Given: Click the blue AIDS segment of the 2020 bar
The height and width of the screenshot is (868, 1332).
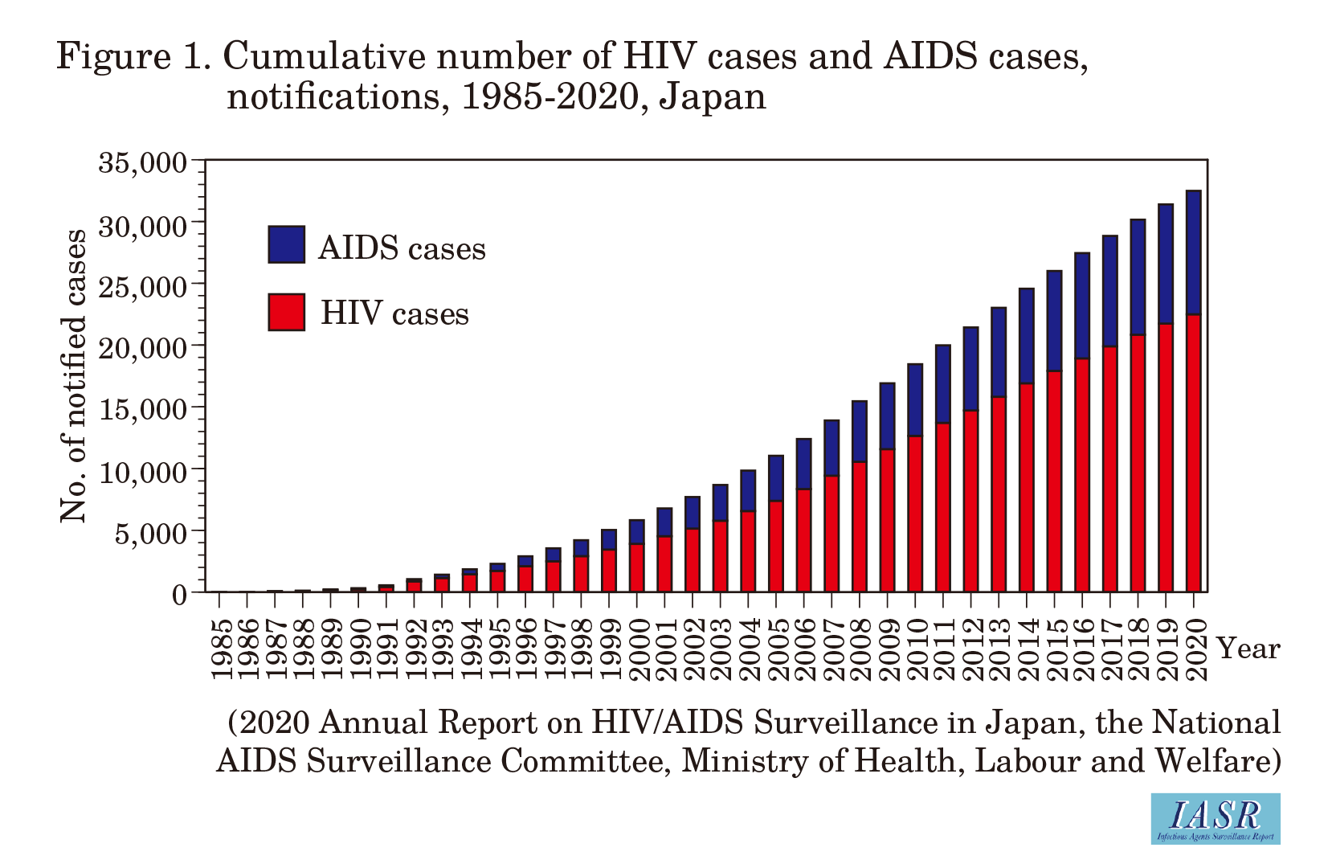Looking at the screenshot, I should tap(1194, 252).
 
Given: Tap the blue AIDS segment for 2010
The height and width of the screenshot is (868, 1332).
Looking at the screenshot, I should tap(915, 399).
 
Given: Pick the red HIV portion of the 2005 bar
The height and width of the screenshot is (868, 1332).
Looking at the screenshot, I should tap(775, 547).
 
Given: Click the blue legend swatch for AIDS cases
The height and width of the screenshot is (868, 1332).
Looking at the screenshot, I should tap(286, 244).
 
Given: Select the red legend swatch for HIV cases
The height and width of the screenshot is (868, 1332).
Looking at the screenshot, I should tap(286, 312).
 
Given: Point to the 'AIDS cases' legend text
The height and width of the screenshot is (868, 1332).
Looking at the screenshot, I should tap(402, 248).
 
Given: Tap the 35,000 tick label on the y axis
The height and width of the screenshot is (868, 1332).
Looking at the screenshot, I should tap(142, 162).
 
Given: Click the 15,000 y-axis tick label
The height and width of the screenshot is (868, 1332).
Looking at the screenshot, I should tap(142, 408).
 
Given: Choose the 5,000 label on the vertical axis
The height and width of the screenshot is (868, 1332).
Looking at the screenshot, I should tap(150, 532).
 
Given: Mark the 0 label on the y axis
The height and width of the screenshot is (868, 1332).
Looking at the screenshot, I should tap(178, 594).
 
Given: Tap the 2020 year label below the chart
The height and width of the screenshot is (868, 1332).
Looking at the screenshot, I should tap(1195, 649).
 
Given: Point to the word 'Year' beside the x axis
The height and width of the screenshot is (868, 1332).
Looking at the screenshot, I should tap(1248, 648).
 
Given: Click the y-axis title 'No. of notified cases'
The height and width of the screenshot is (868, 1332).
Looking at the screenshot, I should tap(73, 375).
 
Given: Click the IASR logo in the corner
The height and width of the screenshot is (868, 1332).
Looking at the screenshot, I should tap(1215, 818).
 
